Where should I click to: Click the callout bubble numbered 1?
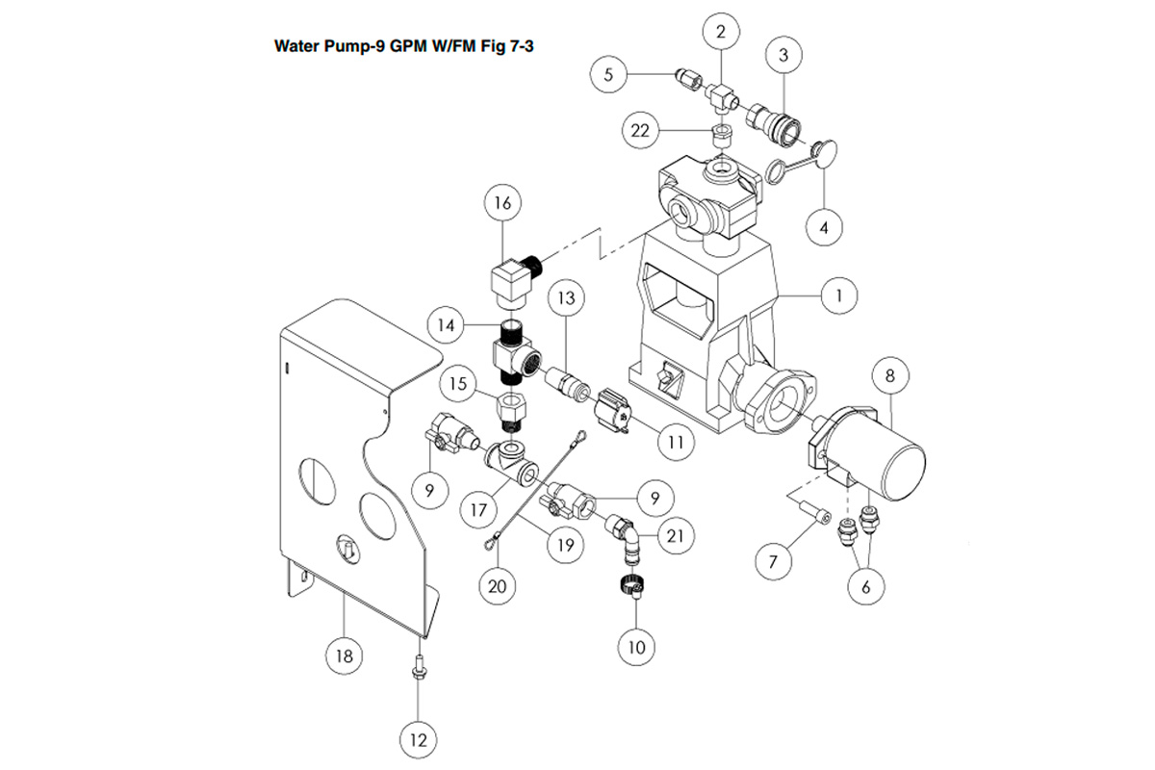click(839, 295)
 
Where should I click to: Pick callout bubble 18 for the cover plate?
click(344, 656)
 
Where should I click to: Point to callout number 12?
click(418, 740)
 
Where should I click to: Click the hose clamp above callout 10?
click(629, 584)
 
